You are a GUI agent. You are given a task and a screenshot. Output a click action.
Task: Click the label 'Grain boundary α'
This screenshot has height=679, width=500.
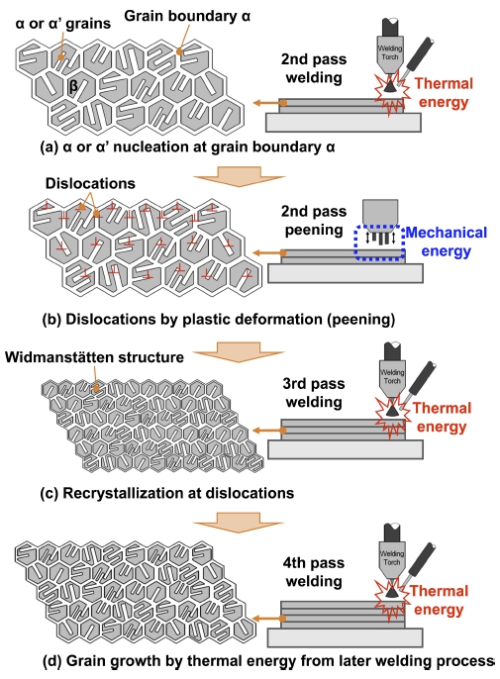pyautogui.click(x=187, y=16)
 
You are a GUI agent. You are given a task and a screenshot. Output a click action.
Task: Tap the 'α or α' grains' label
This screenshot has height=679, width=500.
pyautogui.click(x=63, y=24)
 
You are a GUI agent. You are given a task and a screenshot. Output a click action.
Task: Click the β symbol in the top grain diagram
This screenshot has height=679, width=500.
pyautogui.click(x=73, y=86)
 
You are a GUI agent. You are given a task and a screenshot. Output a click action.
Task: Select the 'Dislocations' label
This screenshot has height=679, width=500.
pyautogui.click(x=90, y=184)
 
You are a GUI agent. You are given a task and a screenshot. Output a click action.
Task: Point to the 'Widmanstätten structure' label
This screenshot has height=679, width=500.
pyautogui.click(x=94, y=357)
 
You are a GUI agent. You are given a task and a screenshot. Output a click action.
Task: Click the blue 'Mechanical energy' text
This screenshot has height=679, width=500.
pyautogui.click(x=447, y=242)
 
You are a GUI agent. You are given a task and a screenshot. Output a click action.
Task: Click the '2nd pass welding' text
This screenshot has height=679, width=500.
pyautogui.click(x=314, y=68)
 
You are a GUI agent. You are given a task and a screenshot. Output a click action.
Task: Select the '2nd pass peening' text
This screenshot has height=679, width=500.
pyautogui.click(x=314, y=220)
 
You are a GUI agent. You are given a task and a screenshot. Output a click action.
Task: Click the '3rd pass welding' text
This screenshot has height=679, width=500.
pyautogui.click(x=314, y=393)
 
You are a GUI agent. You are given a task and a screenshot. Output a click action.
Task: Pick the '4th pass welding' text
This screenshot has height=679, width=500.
pyautogui.click(x=314, y=572)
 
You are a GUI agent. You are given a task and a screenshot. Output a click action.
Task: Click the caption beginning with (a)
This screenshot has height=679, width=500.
pyautogui.click(x=187, y=147)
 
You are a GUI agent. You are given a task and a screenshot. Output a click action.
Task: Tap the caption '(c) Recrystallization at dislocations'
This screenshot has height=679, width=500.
pyautogui.click(x=166, y=493)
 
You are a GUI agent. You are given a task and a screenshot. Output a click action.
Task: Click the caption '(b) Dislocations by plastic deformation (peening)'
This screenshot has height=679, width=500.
pyautogui.click(x=219, y=320)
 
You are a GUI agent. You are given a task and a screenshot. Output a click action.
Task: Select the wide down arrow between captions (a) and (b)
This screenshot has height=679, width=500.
pyautogui.click(x=240, y=176)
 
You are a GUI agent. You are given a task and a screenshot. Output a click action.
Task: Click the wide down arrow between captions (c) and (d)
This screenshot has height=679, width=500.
pyautogui.click(x=239, y=523)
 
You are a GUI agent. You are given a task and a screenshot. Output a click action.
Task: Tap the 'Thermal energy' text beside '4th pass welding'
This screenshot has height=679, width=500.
pyautogui.click(x=439, y=600)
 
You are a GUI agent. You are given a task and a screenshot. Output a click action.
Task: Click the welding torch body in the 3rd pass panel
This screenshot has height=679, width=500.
pyautogui.click(x=392, y=376)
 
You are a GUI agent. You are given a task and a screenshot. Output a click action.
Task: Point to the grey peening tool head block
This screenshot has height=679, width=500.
pyautogui.click(x=380, y=212)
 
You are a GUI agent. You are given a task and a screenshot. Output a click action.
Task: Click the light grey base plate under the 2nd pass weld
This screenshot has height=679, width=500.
pyautogui.click(x=344, y=123)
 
